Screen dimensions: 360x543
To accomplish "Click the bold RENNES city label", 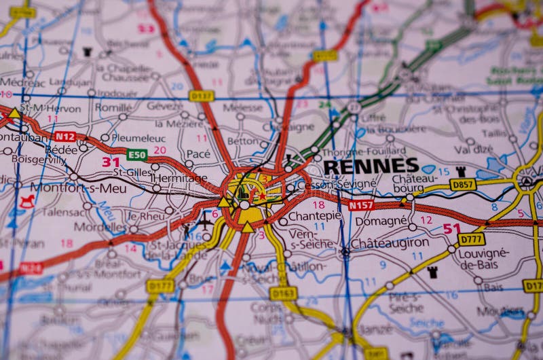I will pos(371,166).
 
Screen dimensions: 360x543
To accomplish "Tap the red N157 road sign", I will pos(361,204).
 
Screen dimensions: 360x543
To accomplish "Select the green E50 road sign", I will pos(137,155).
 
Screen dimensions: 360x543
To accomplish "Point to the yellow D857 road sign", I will pos(463,184).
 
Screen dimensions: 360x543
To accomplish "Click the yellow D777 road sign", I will pos(471,239).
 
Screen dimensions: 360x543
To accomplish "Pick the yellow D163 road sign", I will pos(283,293).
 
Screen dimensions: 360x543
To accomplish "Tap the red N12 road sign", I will pos(65,137).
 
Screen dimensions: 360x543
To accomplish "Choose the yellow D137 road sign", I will pos(202,96).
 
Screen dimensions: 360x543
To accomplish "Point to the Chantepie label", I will pos(314,216).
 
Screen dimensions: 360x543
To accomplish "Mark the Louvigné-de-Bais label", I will pos(485,257).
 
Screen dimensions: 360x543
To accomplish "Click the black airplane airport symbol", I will pos(204,221).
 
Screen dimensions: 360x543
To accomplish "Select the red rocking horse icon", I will pos(27,201).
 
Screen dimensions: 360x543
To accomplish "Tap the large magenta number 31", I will pos(111,162).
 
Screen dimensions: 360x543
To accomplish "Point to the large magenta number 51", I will pos(452,229).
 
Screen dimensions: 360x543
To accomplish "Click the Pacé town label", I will pos(198,154).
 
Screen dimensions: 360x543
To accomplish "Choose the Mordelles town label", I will pos(99,227).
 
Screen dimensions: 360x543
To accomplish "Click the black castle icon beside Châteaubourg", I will pos(461,171).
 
